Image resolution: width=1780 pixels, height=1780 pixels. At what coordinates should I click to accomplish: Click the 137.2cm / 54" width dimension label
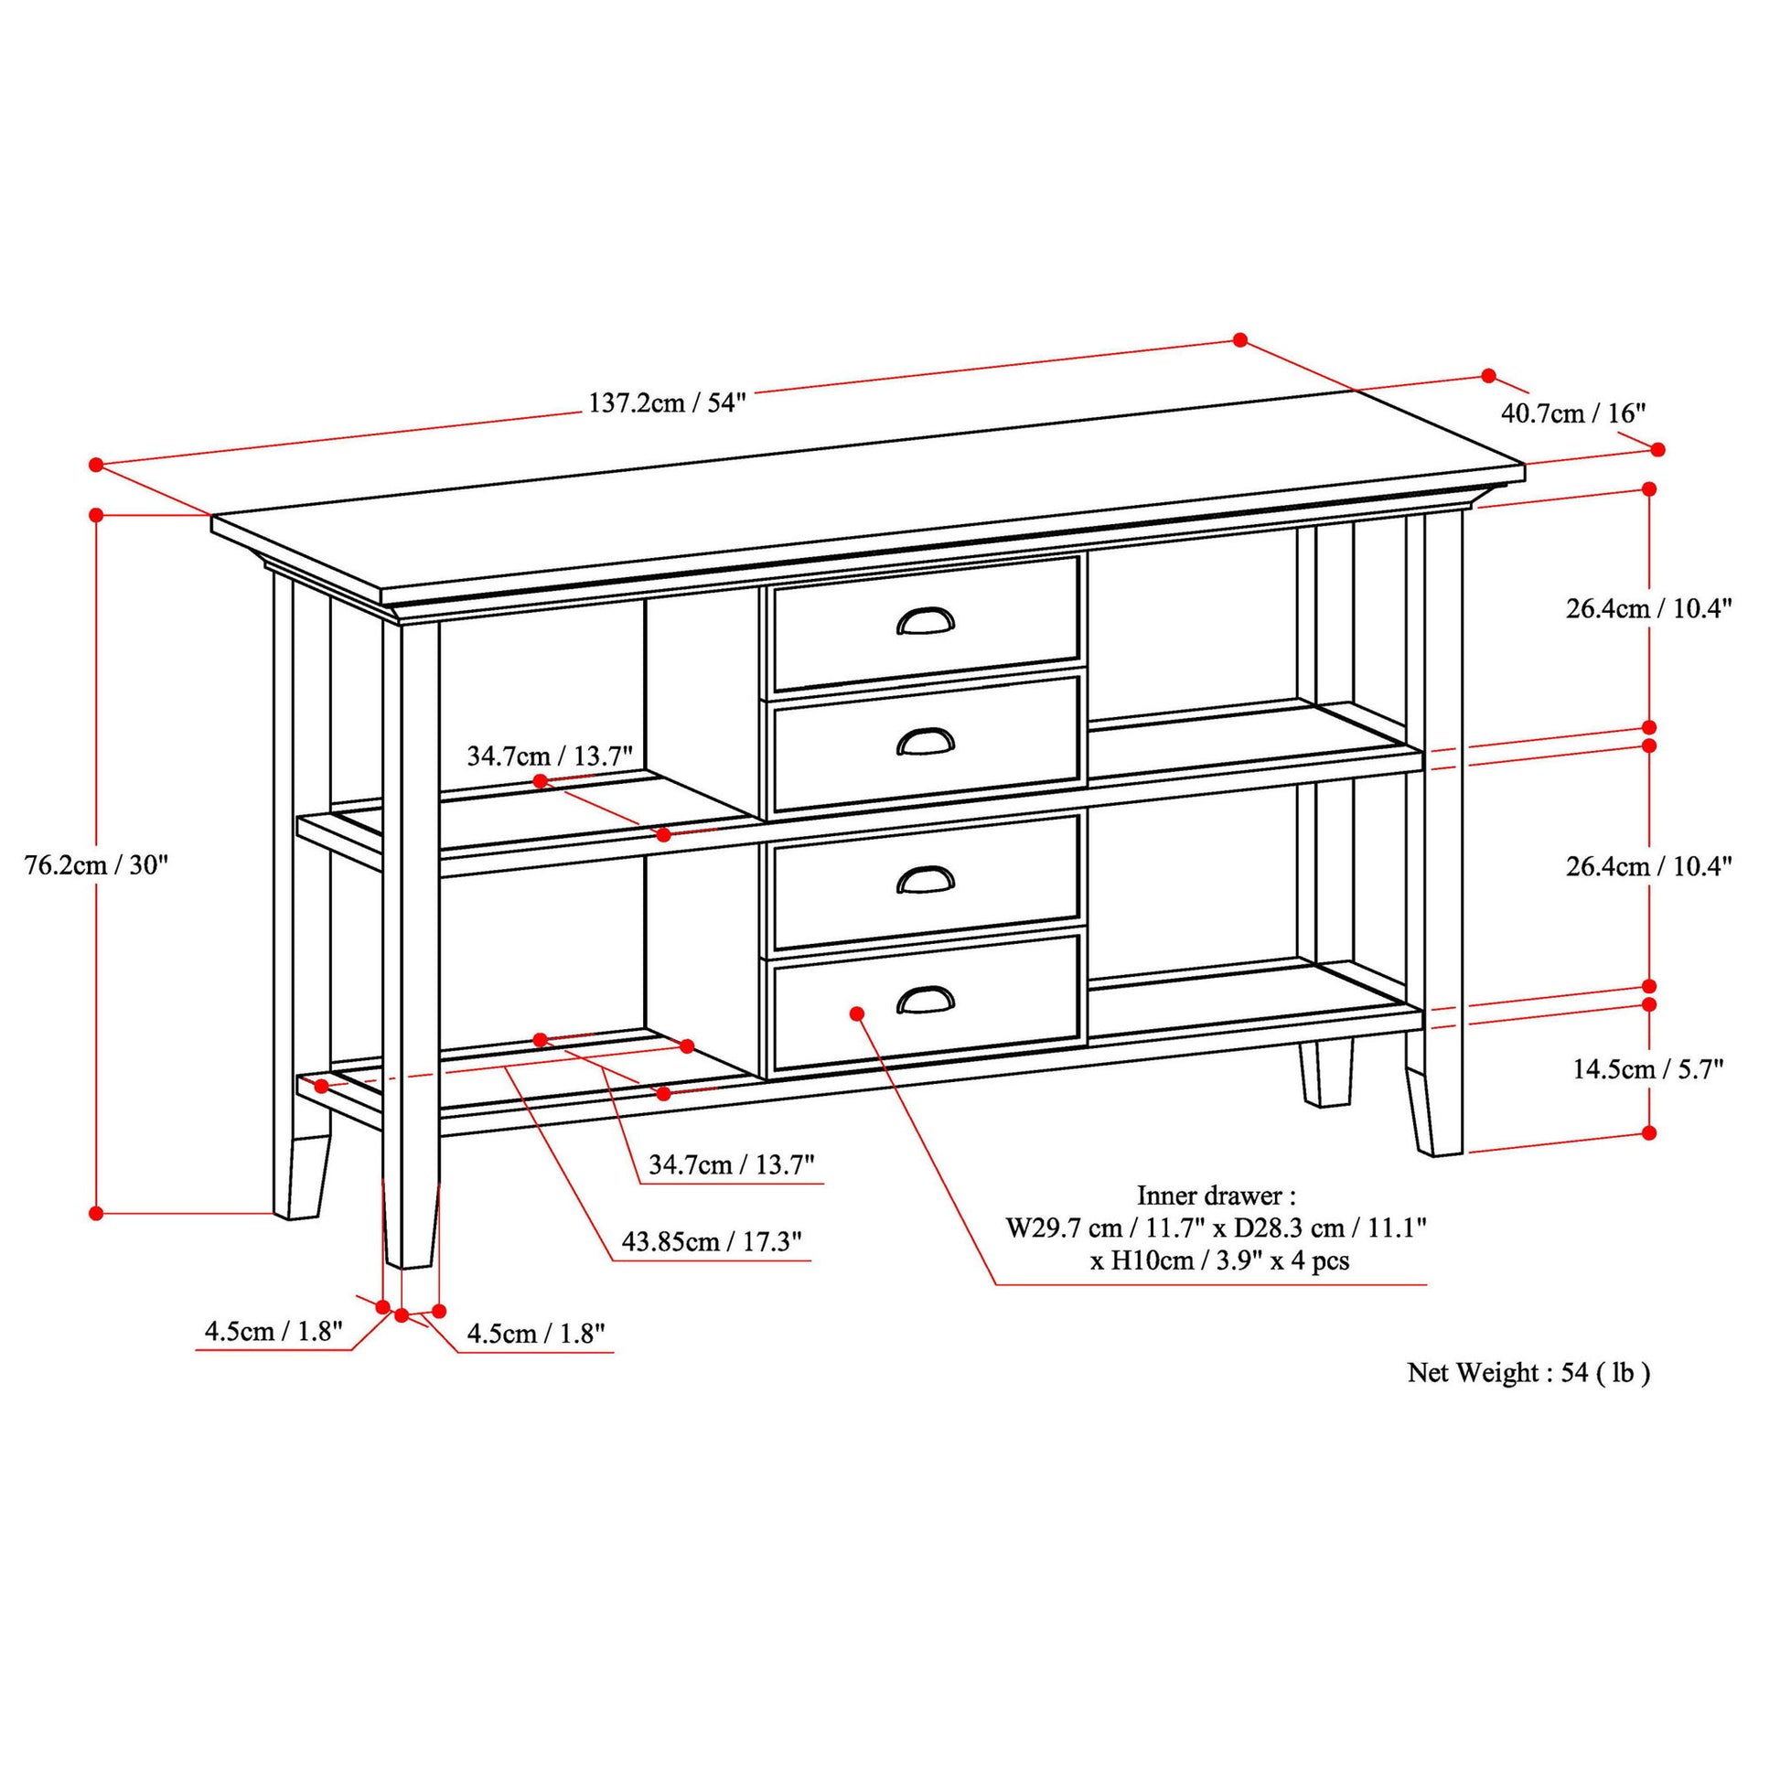(667, 402)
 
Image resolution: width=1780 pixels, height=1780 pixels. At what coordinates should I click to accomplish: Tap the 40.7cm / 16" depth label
(1573, 413)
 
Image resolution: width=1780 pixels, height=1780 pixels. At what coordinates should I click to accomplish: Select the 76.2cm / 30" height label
(97, 865)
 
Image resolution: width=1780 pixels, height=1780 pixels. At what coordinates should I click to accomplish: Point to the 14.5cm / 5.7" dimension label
(1648, 1068)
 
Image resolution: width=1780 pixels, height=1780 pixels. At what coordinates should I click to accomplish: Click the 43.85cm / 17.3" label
(712, 1241)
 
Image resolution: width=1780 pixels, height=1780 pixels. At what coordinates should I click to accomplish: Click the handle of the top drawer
(926, 623)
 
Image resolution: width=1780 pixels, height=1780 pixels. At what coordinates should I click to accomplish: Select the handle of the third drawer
(926, 880)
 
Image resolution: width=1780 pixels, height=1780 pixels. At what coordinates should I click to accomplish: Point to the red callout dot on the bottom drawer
(857, 1013)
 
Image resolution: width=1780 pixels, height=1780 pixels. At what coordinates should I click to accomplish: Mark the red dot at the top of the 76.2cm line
(96, 514)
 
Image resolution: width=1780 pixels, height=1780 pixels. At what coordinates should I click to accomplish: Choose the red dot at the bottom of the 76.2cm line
(96, 1214)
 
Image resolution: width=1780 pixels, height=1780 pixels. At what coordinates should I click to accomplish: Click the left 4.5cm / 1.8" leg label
(273, 1331)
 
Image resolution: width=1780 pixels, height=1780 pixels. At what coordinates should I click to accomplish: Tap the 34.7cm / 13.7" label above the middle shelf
(550, 756)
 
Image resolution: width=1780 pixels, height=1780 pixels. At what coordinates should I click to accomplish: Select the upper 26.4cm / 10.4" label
(1649, 608)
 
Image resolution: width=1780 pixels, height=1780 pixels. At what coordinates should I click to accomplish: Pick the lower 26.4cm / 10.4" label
(1649, 866)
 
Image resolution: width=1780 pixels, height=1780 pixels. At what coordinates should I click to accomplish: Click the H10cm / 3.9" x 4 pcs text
(1221, 1260)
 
